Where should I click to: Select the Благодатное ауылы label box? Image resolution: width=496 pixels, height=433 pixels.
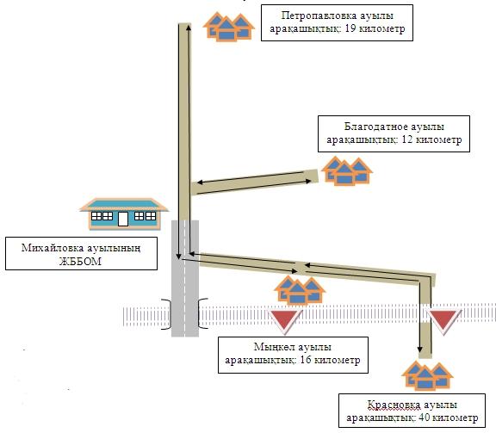pyautogui.click(x=393, y=132)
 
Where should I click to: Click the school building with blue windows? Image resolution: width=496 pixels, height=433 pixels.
pyautogui.click(x=122, y=213)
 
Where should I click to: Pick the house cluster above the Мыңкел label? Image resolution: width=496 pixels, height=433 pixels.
pyautogui.click(x=297, y=291)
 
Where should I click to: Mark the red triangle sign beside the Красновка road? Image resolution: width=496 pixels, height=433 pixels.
pyautogui.click(x=445, y=321)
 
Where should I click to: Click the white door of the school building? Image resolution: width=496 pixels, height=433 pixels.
pyautogui.click(x=123, y=219)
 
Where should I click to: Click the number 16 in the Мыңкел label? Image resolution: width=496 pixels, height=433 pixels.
pyautogui.click(x=307, y=361)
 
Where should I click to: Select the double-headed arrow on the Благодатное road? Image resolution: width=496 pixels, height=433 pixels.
pyautogui.click(x=251, y=179)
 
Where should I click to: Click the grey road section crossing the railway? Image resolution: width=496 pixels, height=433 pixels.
pyautogui.click(x=185, y=314)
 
